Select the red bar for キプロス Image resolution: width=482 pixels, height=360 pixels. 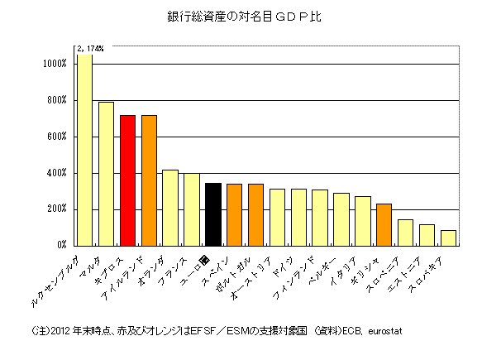click(127, 180)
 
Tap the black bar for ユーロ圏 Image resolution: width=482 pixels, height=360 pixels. click(212, 214)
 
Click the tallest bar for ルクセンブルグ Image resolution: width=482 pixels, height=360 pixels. click(84, 149)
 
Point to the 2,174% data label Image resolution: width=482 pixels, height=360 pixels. click(90, 49)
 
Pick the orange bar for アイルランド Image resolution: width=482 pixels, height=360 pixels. click(149, 180)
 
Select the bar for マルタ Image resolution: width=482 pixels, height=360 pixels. click(106, 174)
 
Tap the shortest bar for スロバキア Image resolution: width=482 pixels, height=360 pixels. click(448, 238)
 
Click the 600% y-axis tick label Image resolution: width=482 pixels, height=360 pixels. click(57, 137)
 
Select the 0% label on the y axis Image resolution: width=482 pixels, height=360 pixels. click(62, 246)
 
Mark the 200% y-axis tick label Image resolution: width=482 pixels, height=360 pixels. click(57, 209)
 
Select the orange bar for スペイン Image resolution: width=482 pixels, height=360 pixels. click(234, 214)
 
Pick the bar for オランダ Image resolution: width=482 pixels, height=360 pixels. click(170, 208)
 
